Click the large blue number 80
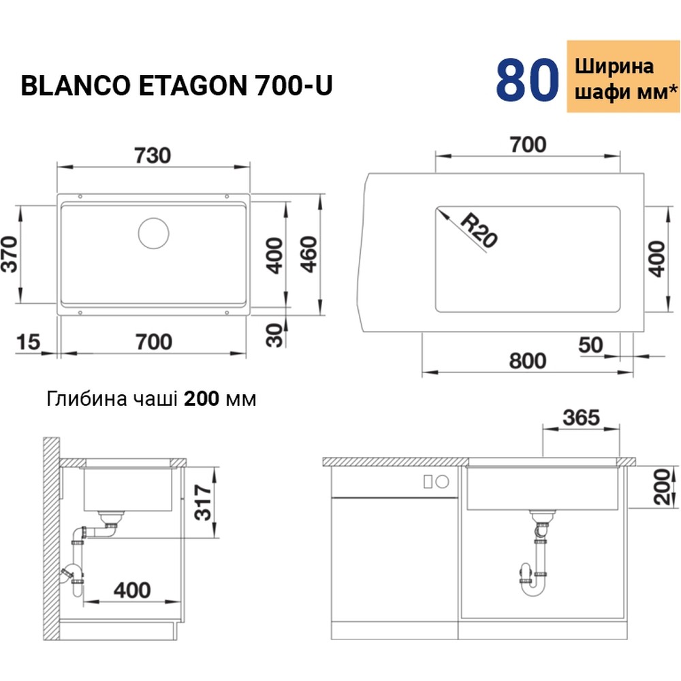tap(526, 80)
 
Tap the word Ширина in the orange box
tap(614, 67)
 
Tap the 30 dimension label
tap(274, 334)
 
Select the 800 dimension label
tap(528, 360)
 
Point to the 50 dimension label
tap(590, 345)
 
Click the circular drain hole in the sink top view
tap(153, 233)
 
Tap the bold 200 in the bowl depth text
tap(202, 398)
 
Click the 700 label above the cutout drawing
tap(528, 144)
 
